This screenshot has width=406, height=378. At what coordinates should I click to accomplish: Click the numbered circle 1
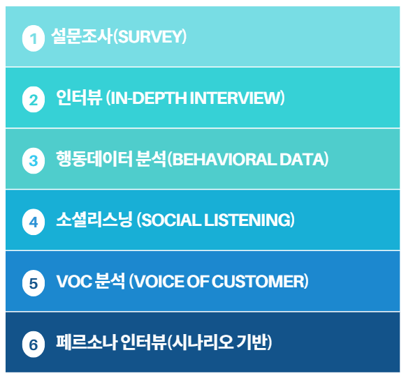[x=34, y=38]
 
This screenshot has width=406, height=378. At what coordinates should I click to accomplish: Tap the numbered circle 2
[x=34, y=100]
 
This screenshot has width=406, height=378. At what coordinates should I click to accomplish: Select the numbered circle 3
[x=34, y=160]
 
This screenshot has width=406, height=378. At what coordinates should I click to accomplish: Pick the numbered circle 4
[x=34, y=222]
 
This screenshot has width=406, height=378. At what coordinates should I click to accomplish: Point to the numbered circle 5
[x=34, y=283]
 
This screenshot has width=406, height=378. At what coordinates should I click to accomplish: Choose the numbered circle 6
[x=34, y=345]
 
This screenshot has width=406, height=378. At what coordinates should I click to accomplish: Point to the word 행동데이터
[x=94, y=159]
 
